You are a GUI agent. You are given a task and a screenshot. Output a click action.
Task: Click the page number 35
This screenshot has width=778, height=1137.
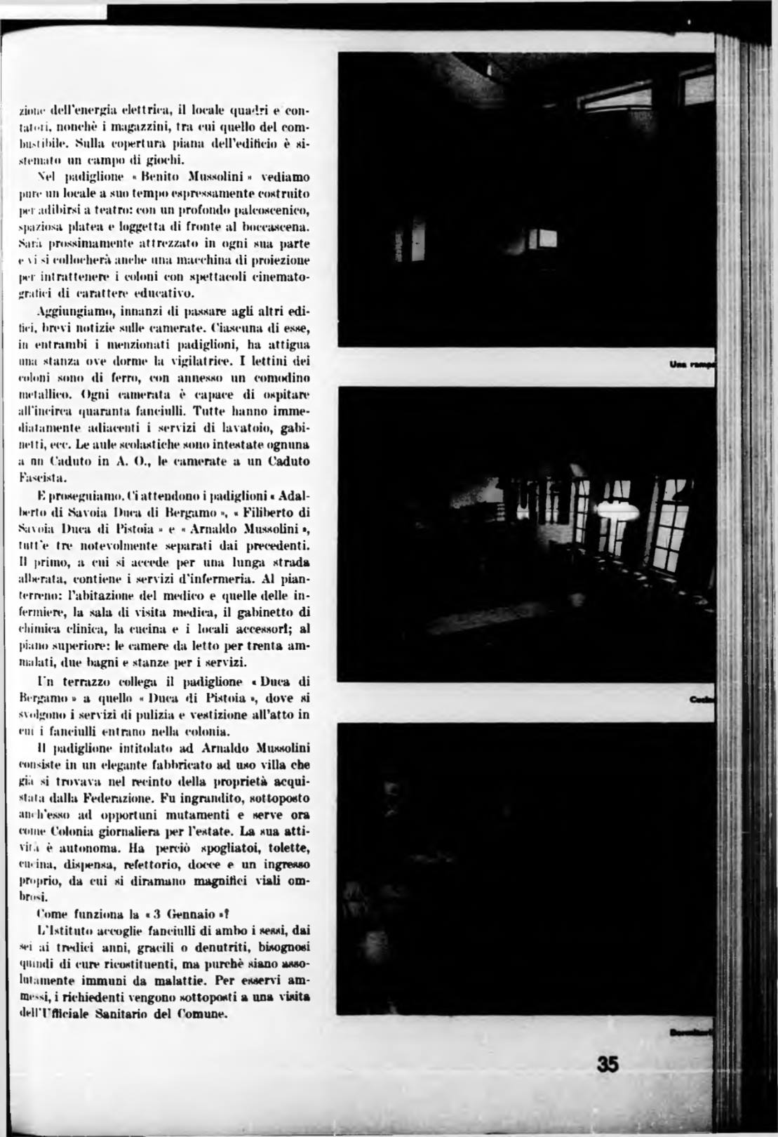[x=608, y=1065]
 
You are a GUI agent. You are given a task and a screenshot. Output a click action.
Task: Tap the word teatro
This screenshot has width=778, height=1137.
[x=139, y=211]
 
